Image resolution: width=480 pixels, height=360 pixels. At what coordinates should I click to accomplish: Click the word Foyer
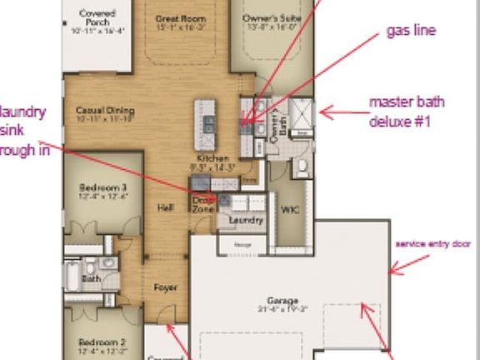166,287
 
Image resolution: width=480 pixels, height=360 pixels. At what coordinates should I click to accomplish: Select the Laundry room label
247,220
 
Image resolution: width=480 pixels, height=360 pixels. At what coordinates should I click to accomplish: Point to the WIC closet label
290,209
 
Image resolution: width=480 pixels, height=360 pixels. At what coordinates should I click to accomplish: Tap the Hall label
165,209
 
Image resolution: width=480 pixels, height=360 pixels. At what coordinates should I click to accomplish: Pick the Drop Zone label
202,204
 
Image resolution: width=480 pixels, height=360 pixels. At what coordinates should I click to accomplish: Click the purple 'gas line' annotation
411,31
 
